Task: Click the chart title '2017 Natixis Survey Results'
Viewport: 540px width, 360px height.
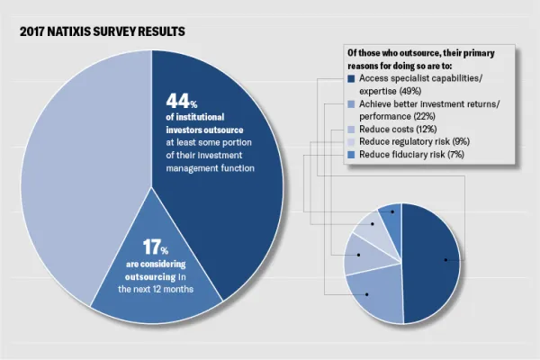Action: click(x=100, y=31)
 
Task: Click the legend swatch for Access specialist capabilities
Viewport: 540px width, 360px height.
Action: click(x=350, y=80)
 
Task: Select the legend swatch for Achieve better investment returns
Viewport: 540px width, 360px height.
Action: click(x=350, y=105)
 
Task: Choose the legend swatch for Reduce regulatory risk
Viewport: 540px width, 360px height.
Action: click(x=350, y=142)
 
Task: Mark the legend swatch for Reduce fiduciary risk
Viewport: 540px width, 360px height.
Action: click(x=350, y=155)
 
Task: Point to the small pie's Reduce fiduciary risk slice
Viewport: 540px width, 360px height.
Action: click(x=391, y=219)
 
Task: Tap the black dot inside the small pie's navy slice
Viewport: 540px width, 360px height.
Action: click(x=445, y=261)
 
